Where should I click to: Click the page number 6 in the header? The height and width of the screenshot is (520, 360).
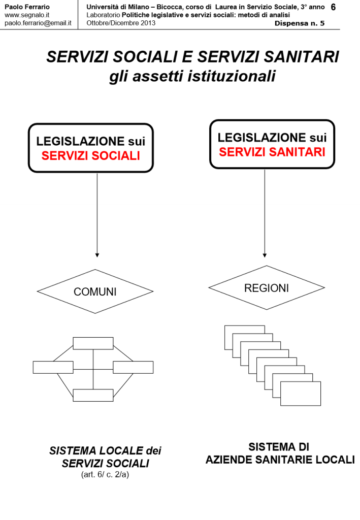coord(333,7)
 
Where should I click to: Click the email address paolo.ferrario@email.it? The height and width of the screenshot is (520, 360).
coord(38,23)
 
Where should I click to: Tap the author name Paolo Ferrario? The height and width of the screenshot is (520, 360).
coord(27,7)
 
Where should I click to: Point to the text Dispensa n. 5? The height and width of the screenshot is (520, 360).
coord(300,23)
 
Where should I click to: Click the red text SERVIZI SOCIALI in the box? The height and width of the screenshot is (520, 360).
coord(90,156)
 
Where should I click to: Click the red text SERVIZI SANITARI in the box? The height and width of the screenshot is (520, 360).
coord(272,152)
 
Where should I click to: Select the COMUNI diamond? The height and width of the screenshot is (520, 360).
coord(95,291)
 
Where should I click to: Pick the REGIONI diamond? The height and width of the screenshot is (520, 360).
coord(266,288)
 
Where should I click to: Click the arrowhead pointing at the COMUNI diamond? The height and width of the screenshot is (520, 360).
coord(97,254)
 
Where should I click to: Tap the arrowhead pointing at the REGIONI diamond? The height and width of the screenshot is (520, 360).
coord(265,254)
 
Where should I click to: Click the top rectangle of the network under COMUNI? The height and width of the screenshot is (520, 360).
coord(93,343)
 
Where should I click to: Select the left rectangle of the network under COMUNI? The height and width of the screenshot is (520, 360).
coord(53,367)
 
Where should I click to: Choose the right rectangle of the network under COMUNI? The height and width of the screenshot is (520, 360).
coord(133,367)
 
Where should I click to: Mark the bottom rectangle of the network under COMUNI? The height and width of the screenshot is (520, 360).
coord(93,395)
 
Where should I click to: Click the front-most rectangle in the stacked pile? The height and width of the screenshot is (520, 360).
coord(301,394)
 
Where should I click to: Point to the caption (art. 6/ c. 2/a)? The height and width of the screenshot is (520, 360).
coord(105,475)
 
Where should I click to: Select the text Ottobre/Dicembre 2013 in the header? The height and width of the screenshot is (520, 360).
coord(121,23)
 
